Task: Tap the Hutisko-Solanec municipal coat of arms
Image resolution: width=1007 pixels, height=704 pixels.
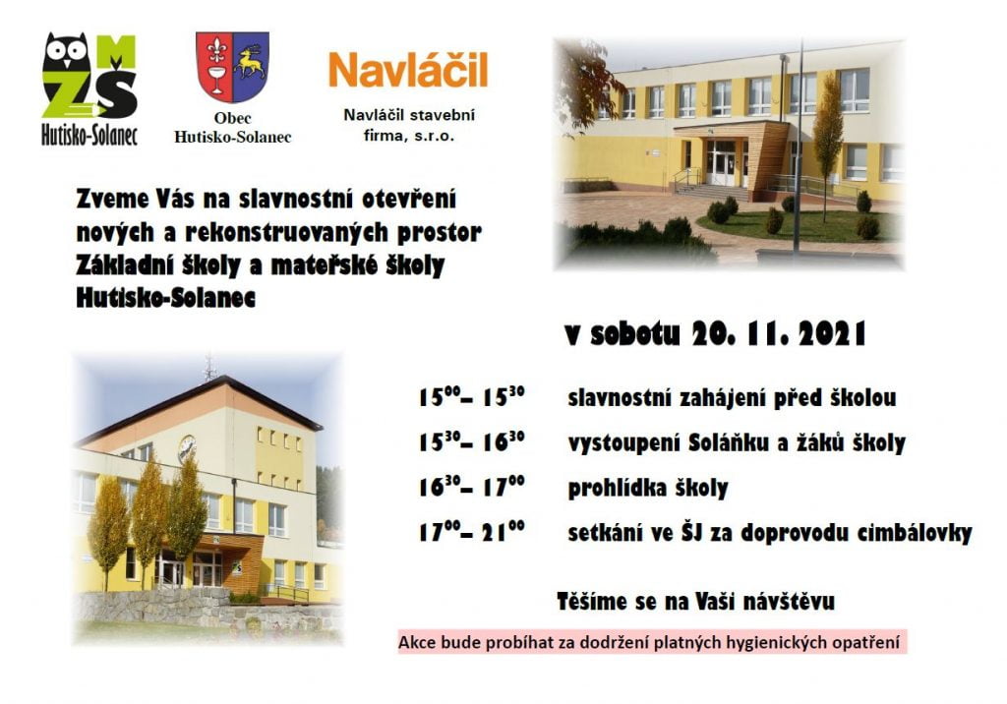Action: tap(232, 67)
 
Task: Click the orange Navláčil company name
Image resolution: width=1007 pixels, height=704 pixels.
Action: tap(408, 70)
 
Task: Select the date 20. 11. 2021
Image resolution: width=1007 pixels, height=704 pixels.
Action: tap(780, 333)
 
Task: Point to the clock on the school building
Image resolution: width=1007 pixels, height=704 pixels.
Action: tap(187, 447)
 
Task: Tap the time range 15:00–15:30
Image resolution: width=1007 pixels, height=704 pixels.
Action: tap(471, 396)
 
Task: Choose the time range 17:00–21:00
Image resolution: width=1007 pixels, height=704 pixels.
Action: tap(471, 531)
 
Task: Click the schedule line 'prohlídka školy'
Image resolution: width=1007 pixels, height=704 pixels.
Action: tap(648, 488)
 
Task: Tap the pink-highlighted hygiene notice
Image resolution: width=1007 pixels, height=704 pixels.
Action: tap(652, 642)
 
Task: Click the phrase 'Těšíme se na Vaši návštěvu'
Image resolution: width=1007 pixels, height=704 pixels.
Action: tap(695, 601)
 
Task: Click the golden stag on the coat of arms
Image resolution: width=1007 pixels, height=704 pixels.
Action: tap(250, 62)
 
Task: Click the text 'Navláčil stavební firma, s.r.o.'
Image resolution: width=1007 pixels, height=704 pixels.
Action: tap(409, 125)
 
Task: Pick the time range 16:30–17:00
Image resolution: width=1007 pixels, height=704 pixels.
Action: tap(471, 487)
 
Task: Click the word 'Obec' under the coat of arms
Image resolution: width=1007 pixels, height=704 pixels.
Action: tap(232, 118)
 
